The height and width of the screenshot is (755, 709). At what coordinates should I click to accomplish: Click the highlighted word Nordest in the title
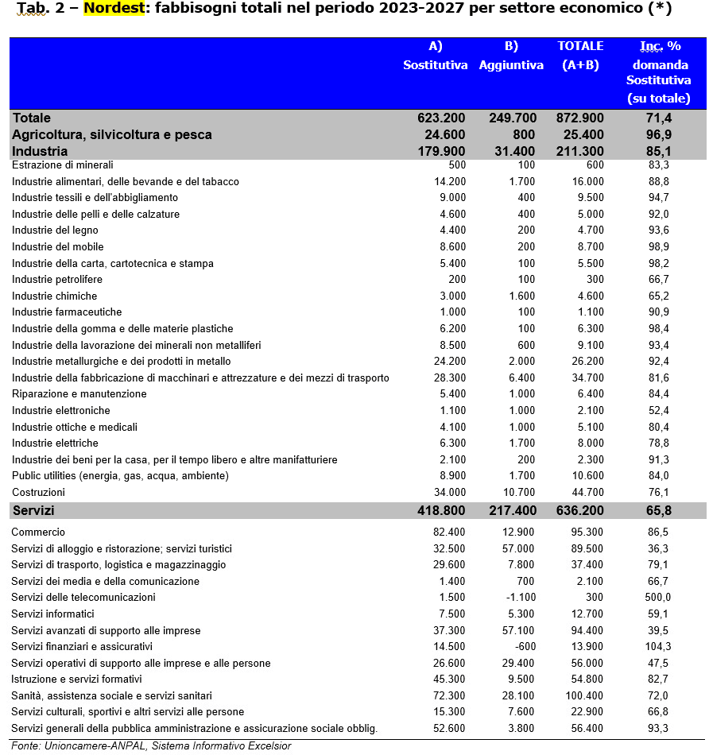click(x=114, y=10)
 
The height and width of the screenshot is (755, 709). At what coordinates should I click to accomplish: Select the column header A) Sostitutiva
click(x=435, y=56)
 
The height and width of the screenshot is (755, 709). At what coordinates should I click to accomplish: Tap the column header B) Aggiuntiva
click(x=511, y=56)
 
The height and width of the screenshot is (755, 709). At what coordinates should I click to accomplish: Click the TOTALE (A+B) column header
click(x=580, y=56)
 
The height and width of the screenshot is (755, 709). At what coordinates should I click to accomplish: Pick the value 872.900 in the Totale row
click(x=580, y=118)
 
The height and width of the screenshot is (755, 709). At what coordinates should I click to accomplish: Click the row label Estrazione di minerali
click(x=63, y=165)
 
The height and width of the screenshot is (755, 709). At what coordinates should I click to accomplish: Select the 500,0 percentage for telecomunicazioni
click(x=657, y=598)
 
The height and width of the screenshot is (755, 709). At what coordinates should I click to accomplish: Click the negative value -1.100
click(x=517, y=598)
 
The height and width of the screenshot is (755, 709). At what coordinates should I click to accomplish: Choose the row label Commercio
click(x=38, y=532)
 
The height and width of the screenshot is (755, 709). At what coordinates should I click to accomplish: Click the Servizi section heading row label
click(x=33, y=510)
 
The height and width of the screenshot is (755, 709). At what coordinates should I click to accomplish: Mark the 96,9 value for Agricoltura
click(x=658, y=135)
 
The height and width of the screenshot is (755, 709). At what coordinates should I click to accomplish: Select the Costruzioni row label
click(x=39, y=493)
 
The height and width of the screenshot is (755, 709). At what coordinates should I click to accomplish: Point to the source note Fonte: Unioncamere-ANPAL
click(x=151, y=745)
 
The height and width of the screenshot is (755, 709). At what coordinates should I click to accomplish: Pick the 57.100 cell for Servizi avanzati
click(x=517, y=631)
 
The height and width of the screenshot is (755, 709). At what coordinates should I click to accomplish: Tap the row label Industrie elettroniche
click(x=61, y=411)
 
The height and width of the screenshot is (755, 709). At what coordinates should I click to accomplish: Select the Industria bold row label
click(x=41, y=151)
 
